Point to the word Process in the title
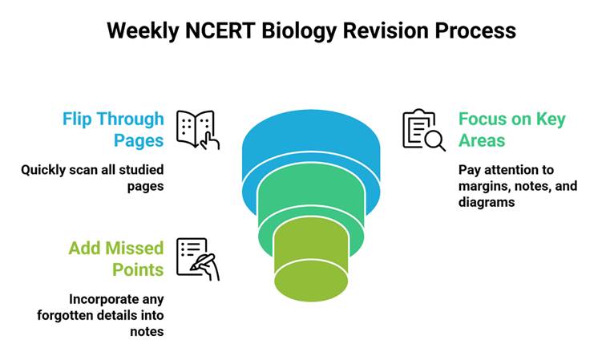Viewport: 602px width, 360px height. point(474,31)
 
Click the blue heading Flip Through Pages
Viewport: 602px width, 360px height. point(113,130)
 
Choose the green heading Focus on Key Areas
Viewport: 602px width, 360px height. point(511,130)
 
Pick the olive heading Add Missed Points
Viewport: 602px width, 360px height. point(115,259)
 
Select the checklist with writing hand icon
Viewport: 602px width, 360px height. point(197,259)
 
